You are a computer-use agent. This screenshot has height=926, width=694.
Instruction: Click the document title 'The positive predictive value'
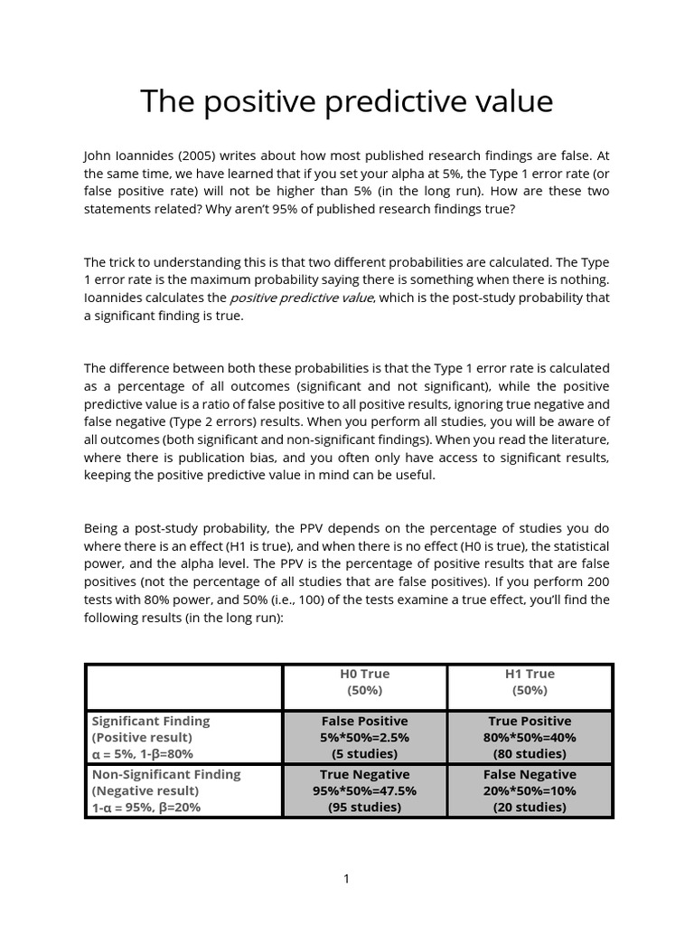(x=346, y=101)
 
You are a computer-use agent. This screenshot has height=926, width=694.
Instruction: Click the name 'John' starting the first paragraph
(x=98, y=156)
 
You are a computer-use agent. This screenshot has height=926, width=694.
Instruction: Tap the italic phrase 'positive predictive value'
(x=301, y=298)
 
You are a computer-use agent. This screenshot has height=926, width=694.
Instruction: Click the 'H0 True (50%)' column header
(x=364, y=682)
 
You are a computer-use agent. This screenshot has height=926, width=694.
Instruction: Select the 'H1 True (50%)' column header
(x=530, y=682)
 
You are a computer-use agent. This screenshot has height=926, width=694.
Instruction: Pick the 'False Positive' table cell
(x=364, y=721)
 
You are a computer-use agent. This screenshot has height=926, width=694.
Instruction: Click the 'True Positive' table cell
(x=530, y=721)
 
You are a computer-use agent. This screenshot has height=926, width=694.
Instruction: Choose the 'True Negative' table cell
(x=364, y=774)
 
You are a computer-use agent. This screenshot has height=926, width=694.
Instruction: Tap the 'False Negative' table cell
(x=530, y=774)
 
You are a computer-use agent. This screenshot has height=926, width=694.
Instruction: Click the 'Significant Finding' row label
(x=150, y=721)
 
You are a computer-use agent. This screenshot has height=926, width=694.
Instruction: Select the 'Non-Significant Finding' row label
(x=166, y=774)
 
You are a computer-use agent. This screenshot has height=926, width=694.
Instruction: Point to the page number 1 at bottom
(x=346, y=879)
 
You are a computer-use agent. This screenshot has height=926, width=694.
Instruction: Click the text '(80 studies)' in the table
(x=530, y=753)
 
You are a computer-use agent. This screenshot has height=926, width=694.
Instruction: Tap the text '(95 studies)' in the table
(x=364, y=807)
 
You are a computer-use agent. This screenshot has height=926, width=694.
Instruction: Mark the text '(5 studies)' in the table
(x=364, y=753)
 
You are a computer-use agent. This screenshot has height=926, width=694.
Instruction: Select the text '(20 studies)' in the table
(x=530, y=807)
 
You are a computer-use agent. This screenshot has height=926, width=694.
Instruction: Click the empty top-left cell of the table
(x=183, y=686)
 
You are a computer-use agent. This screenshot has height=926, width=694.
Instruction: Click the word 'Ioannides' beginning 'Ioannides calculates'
(x=114, y=298)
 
